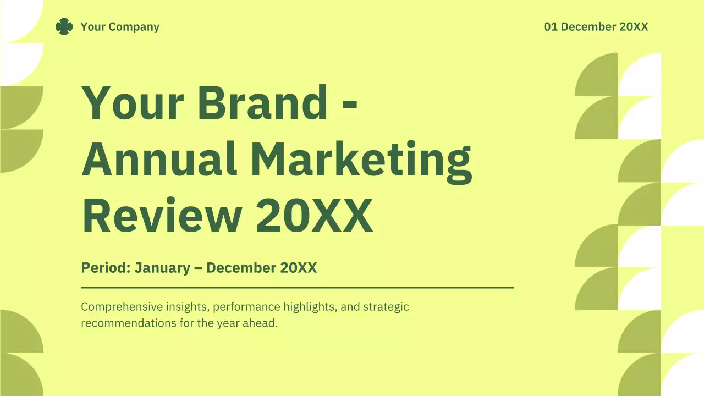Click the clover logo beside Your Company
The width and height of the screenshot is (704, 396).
click(x=64, y=26)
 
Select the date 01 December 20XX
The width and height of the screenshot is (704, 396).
click(x=596, y=26)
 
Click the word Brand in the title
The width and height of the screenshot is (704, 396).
click(x=262, y=103)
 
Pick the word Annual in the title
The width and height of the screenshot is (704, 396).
click(x=159, y=158)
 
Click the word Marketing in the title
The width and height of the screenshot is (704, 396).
click(x=361, y=159)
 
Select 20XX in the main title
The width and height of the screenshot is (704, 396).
click(x=314, y=215)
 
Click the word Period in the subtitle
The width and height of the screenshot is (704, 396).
click(x=105, y=268)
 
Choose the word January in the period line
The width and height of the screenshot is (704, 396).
click(x=162, y=268)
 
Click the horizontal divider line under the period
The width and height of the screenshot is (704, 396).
click(x=297, y=287)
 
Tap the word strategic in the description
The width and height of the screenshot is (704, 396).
click(x=386, y=306)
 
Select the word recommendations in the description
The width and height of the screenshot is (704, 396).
click(x=128, y=323)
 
